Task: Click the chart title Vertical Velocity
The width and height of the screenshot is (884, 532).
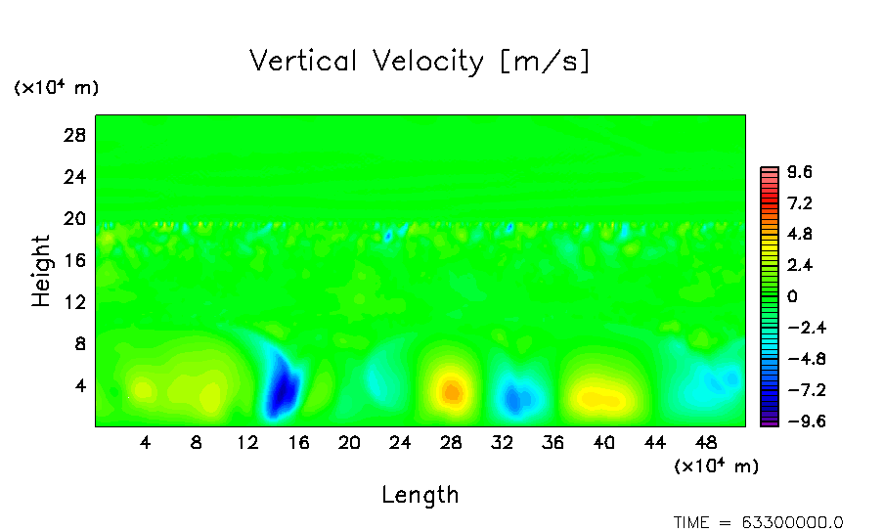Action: pyautogui.click(x=420, y=62)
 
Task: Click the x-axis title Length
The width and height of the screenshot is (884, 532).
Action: pyautogui.click(x=420, y=495)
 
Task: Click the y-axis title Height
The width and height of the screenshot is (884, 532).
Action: pyautogui.click(x=41, y=271)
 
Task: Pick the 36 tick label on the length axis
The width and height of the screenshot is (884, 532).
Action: pyautogui.click(x=552, y=443)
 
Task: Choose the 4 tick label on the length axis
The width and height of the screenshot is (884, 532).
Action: pyautogui.click(x=146, y=443)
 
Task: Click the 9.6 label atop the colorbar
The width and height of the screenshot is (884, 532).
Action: pyautogui.click(x=801, y=173)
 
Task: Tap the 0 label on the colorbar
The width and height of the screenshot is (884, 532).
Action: pyautogui.click(x=792, y=296)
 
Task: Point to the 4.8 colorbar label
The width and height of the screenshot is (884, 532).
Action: pyautogui.click(x=801, y=235)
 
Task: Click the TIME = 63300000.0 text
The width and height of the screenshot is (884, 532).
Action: pyautogui.click(x=759, y=522)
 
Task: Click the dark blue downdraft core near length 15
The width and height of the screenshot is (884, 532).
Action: pyautogui.click(x=283, y=387)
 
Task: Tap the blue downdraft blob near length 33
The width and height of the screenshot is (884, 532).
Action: pyautogui.click(x=515, y=397)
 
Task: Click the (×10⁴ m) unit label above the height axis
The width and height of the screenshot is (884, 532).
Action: pyautogui.click(x=56, y=88)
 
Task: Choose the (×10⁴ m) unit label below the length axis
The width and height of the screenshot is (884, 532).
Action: pyautogui.click(x=716, y=466)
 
